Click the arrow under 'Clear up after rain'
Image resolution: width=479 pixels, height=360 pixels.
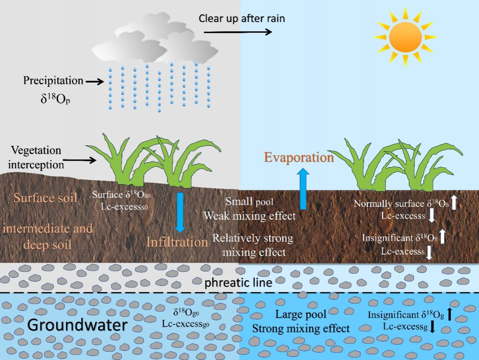click(x=238, y=32)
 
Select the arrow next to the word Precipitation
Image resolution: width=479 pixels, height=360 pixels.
click(x=94, y=81)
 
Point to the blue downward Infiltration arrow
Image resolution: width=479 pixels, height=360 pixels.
click(x=180, y=212)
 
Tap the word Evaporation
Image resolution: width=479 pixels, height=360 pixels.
click(x=298, y=157)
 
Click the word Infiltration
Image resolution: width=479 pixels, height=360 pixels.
click(x=177, y=242)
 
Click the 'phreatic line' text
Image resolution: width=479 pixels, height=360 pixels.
click(x=238, y=282)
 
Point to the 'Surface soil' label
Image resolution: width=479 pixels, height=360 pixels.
click(x=45, y=197)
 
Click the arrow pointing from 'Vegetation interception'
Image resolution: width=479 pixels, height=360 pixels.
click(x=80, y=160)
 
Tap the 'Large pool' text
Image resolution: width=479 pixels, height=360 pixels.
click(x=301, y=314)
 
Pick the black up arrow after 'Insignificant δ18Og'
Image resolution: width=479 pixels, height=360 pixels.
click(x=450, y=314)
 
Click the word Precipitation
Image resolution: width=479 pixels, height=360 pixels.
click(x=53, y=81)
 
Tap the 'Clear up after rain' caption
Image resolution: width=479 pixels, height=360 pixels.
click(x=242, y=18)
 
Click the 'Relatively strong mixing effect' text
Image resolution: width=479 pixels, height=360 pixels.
click(x=253, y=245)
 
